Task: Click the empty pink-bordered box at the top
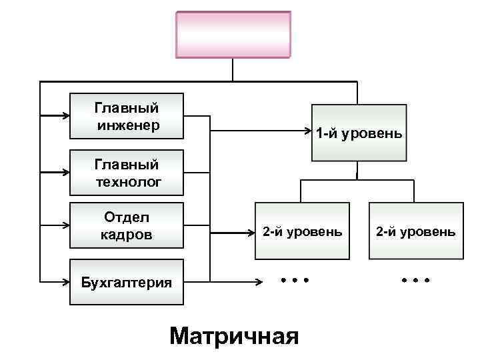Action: tap(233, 35)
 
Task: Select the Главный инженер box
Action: tap(127, 115)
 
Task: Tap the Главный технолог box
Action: tap(127, 171)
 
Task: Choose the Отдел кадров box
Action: tap(127, 226)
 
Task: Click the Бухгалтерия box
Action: tap(127, 282)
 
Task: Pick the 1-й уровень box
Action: tap(359, 133)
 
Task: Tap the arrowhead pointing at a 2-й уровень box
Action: tap(252, 233)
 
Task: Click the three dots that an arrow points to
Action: tap(295, 280)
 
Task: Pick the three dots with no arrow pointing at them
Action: tap(415, 280)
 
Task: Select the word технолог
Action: tap(127, 181)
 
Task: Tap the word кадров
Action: tap(127, 235)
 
